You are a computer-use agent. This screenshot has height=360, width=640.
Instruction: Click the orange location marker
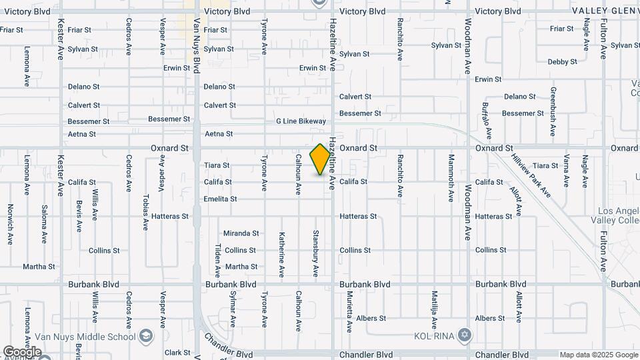[321, 159]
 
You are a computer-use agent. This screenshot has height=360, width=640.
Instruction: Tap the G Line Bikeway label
[301, 121]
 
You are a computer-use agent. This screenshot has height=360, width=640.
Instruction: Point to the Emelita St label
[220, 199]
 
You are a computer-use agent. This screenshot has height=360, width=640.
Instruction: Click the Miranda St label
[241, 233]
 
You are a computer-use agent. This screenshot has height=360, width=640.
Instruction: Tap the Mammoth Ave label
[451, 178]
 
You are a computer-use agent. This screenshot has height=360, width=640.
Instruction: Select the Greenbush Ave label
[553, 111]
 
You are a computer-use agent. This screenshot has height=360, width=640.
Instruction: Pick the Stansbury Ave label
[315, 253]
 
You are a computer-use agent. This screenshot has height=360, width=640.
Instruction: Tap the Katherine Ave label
[281, 254]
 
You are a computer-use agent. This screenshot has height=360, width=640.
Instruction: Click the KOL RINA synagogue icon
[465, 335]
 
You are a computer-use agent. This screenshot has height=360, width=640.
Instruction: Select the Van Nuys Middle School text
[98, 335]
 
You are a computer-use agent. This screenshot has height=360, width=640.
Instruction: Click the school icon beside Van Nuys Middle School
[145, 335]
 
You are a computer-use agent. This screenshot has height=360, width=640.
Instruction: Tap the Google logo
[21, 351]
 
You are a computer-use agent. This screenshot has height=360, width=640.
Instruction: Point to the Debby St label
[562, 62]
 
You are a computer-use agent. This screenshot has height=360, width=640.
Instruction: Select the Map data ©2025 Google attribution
[599, 355]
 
